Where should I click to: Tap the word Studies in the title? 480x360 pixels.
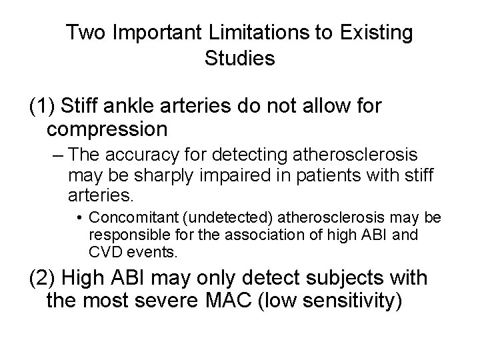[x=240, y=58]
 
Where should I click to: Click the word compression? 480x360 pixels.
[x=115, y=127]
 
